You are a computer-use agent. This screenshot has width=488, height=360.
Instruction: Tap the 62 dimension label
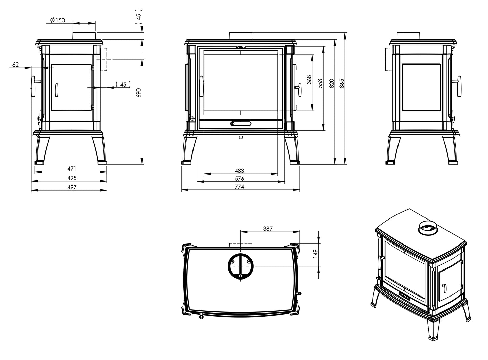(x=16, y=65)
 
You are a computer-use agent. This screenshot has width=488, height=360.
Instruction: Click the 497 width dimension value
(x=72, y=187)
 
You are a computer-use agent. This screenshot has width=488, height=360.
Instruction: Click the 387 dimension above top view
(x=267, y=229)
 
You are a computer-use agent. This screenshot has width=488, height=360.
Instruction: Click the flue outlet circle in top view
(x=240, y=265)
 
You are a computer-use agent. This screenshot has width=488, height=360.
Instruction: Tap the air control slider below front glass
(x=240, y=123)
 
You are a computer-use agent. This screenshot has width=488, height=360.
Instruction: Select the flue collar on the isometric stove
(x=428, y=229)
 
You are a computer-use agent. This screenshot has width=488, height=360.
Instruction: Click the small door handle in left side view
(x=57, y=90)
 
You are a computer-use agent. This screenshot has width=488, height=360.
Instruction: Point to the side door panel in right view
(x=421, y=87)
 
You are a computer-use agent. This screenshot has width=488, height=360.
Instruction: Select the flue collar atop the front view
(x=240, y=36)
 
